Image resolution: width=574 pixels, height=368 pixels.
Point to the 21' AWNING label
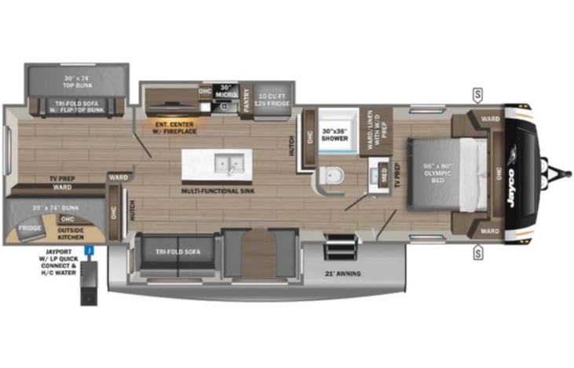[x=342, y=274]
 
